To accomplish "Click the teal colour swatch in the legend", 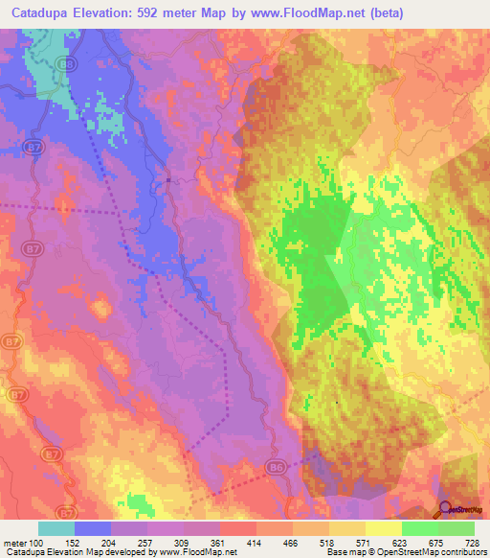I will coord(56,528).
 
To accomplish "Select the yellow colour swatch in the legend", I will coord(383,528).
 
